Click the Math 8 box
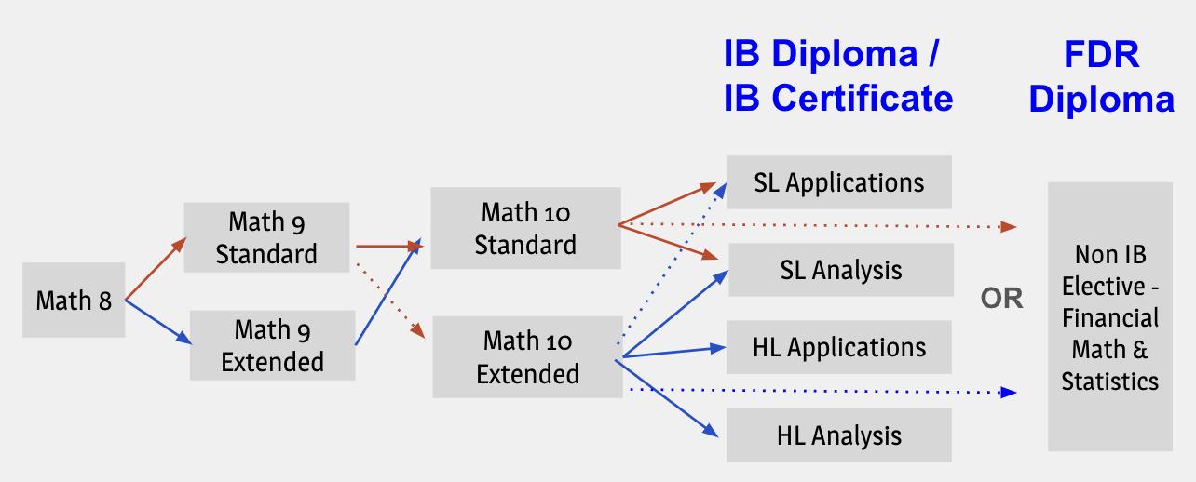click(74, 300)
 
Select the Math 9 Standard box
click(266, 237)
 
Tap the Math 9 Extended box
click(272, 345)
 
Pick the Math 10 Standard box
click(525, 229)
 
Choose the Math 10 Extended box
click(527, 357)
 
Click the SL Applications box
click(839, 182)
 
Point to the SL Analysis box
click(840, 270)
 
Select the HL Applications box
click(839, 347)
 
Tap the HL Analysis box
click(839, 435)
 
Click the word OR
click(1001, 299)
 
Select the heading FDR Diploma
click(1101, 76)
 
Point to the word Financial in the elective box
click(1110, 317)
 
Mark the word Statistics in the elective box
click(1110, 381)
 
